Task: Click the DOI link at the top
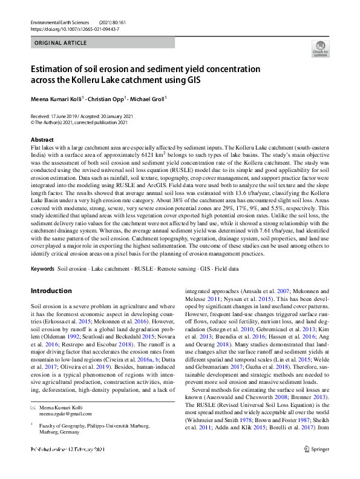coord(74,28)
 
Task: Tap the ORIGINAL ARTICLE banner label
coord(61,44)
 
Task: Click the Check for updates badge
coord(320,50)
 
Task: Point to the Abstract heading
coord(42,139)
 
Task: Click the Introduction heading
coord(51,291)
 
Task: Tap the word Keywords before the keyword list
coord(42,267)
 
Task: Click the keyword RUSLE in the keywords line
coord(143,267)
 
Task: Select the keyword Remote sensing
coord(178,267)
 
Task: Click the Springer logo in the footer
coord(316,466)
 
